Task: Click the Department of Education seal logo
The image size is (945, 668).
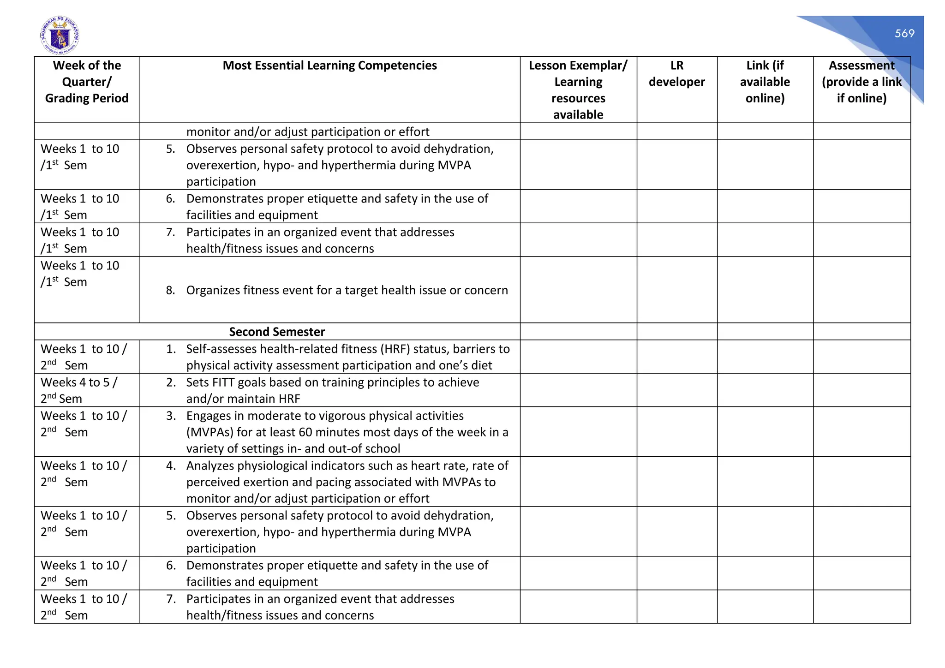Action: [60, 35]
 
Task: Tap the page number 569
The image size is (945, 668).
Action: [904, 33]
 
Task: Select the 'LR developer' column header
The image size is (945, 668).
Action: [676, 74]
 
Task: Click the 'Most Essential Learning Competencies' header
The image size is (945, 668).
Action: [329, 66]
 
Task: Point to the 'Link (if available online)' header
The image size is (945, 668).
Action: [765, 82]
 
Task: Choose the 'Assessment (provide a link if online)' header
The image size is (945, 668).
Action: [861, 82]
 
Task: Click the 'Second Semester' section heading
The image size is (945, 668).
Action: [277, 332]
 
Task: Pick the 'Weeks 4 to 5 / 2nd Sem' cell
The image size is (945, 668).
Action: [79, 390]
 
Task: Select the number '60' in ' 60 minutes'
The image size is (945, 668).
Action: [304, 432]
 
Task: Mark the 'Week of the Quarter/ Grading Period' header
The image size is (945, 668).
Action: [87, 82]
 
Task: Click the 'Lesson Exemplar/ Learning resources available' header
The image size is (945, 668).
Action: [578, 90]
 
